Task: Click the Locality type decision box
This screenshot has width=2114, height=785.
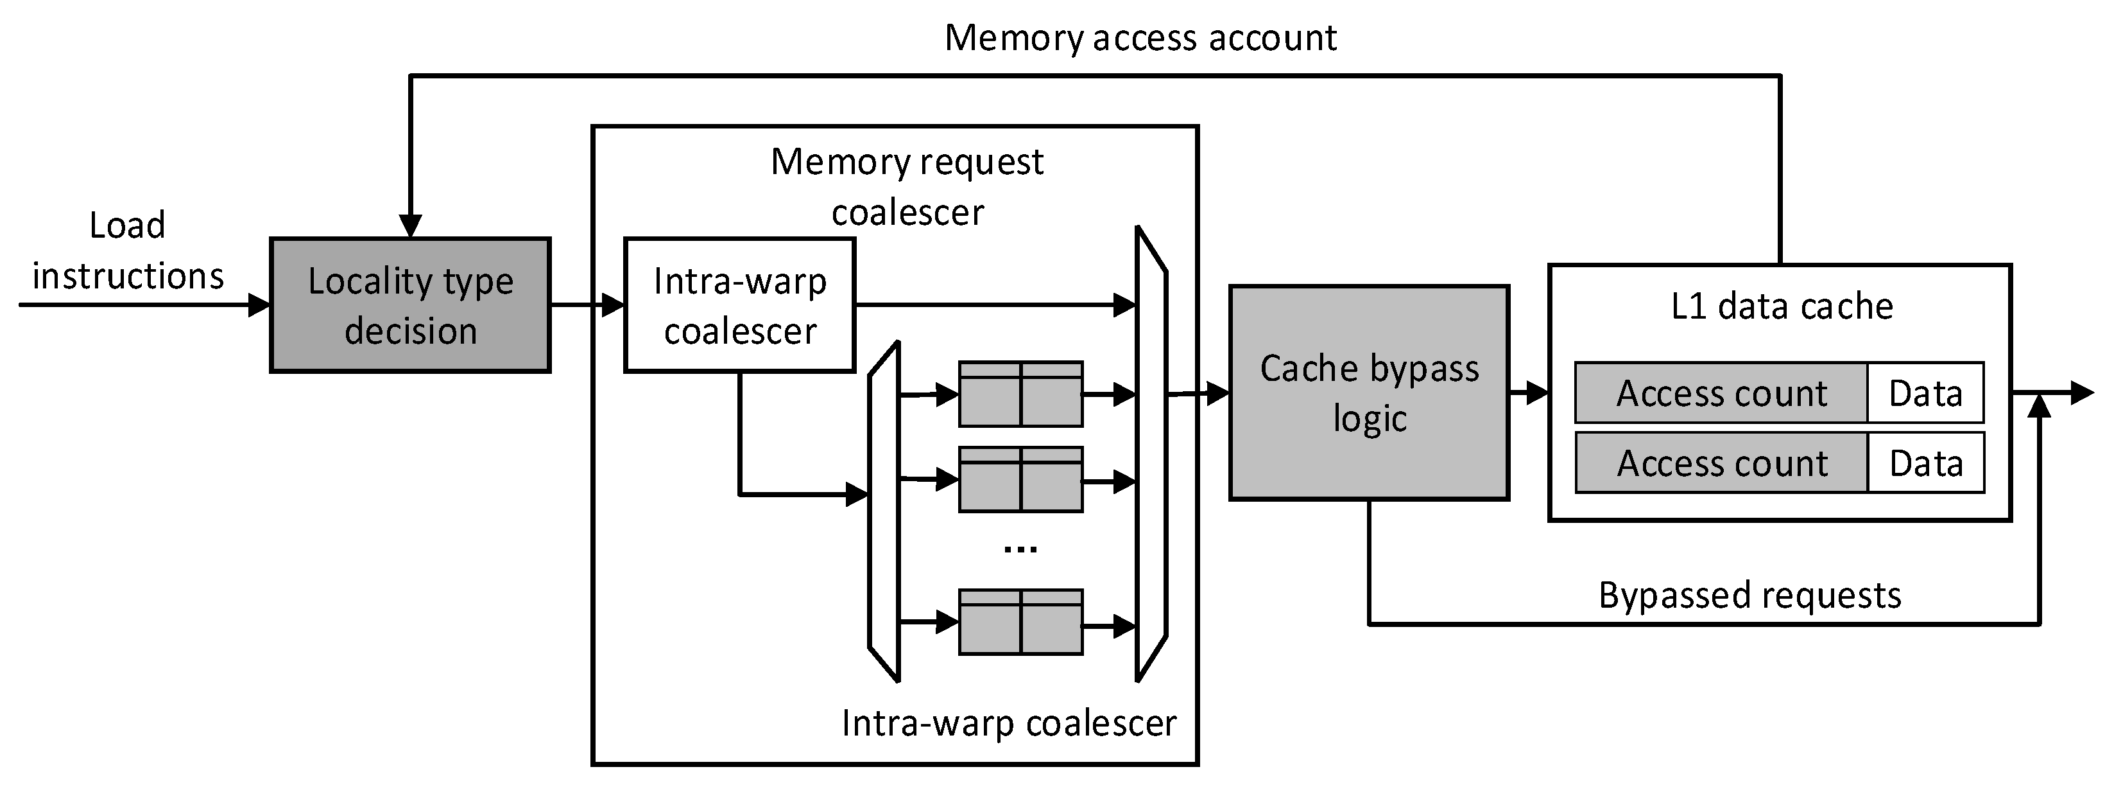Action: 410,306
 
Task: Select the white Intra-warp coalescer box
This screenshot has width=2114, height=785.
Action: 739,306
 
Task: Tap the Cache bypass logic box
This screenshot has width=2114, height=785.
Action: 1369,392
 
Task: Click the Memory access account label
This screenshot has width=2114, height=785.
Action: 1140,38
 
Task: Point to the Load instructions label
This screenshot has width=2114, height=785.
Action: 127,251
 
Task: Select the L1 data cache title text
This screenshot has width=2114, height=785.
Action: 1782,306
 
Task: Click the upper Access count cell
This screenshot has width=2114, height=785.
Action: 1721,393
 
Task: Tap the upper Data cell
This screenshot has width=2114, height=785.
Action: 1925,393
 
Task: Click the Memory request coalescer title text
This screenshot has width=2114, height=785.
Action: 907,186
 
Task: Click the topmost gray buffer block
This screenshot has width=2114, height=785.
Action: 1020,394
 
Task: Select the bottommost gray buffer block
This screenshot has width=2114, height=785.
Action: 1020,622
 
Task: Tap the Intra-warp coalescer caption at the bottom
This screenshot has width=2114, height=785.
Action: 1009,723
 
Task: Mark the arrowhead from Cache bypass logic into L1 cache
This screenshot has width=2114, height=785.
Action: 1537,392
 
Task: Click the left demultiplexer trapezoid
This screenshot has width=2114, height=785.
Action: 884,511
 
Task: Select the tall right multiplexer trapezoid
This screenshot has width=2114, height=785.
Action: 1151,454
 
